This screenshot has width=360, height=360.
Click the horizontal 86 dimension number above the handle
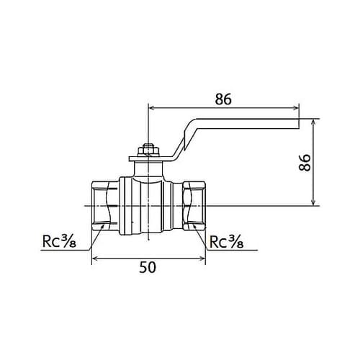tap(223, 99)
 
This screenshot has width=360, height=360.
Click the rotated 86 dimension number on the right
tap(305, 163)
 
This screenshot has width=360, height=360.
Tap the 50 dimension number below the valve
tap(148, 267)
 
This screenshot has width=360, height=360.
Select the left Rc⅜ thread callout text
tap(59, 241)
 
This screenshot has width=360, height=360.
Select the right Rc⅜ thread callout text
tap(227, 241)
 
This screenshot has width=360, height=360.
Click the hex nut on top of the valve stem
tap(148, 150)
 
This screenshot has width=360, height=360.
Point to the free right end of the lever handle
tap(299, 124)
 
